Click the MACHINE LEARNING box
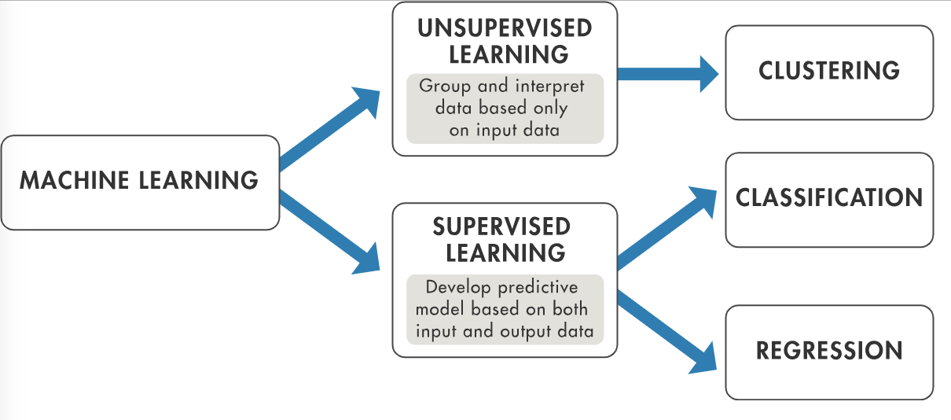(140, 182)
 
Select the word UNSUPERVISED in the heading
(505, 28)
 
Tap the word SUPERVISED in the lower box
(501, 227)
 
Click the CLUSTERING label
(829, 71)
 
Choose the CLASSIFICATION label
(829, 197)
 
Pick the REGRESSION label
(829, 351)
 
